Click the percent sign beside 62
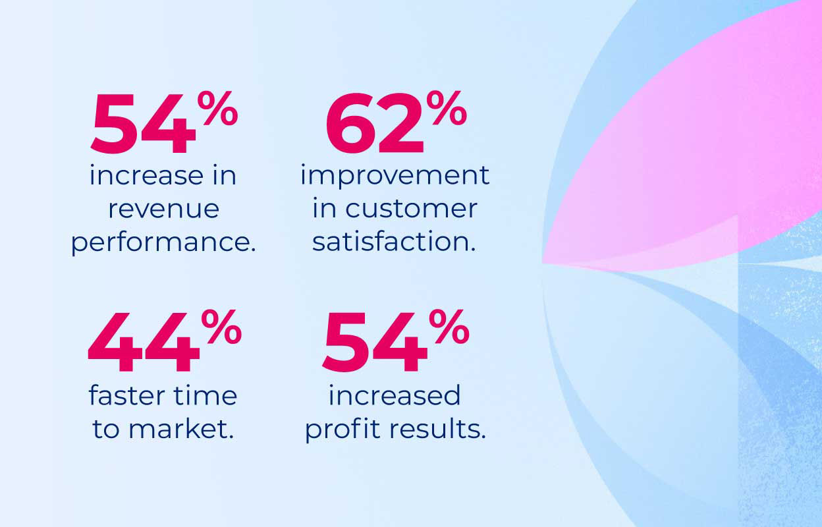(446, 108)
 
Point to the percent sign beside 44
(221, 327)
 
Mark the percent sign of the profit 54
(449, 327)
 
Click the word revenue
(163, 209)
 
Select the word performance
(163, 242)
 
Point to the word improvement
(395, 176)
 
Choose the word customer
(412, 209)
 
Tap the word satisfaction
(393, 242)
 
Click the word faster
(126, 395)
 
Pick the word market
(182, 429)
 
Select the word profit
(342, 430)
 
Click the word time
(204, 395)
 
